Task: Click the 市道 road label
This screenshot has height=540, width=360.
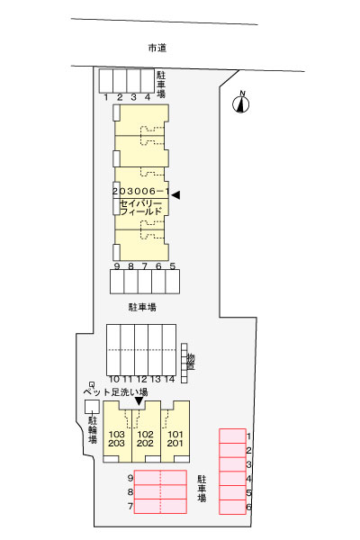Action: pos(157,48)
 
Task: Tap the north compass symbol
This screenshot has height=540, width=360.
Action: pos(241,103)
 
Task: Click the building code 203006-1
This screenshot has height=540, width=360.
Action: pos(141,191)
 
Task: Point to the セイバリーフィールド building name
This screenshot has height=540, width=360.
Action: pos(140,207)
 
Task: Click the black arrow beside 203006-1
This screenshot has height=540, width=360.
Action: pos(175,195)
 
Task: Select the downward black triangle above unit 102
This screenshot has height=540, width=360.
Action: pos(139,401)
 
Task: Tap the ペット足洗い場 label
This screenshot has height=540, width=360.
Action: pos(115,391)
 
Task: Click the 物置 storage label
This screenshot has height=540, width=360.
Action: pos(191,362)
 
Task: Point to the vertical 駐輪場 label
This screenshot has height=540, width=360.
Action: pos(93,430)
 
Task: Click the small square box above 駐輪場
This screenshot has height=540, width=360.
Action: pos(92,407)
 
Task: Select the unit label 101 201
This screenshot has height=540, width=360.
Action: pos(175,439)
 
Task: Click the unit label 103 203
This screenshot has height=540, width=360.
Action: pos(116,439)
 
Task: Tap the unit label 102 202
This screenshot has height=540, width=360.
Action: pos(145,439)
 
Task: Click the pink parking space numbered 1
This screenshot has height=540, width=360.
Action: pos(232,436)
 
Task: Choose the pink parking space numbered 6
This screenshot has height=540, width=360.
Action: pos(232,507)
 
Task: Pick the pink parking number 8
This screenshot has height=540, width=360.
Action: pos(130,492)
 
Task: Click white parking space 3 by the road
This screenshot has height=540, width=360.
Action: pos(133,81)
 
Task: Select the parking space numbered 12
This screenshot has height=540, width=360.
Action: pos(141,349)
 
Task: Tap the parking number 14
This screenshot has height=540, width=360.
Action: pos(169,379)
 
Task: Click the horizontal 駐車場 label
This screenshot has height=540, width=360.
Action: pos(142,307)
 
